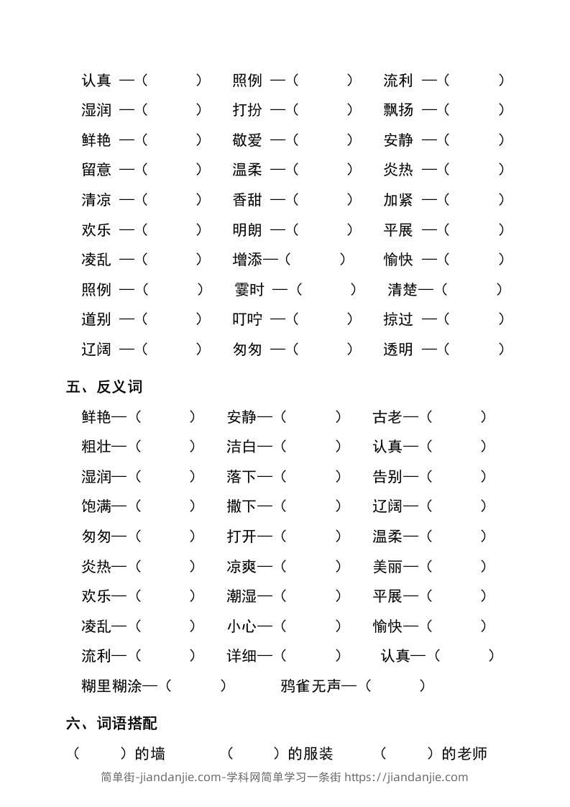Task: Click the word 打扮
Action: coord(247,110)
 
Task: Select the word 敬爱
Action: coord(247,140)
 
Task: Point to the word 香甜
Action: coord(247,200)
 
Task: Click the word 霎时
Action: coord(249,290)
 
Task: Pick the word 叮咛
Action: coord(247,319)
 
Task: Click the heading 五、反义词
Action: coord(104,387)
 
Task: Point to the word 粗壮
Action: coord(96,447)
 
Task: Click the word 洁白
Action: coord(242,447)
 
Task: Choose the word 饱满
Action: coord(96,506)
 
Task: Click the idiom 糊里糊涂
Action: coord(111,686)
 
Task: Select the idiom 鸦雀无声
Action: coord(310,686)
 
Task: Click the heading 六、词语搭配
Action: coord(111,724)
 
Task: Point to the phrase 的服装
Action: coord(311,754)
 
